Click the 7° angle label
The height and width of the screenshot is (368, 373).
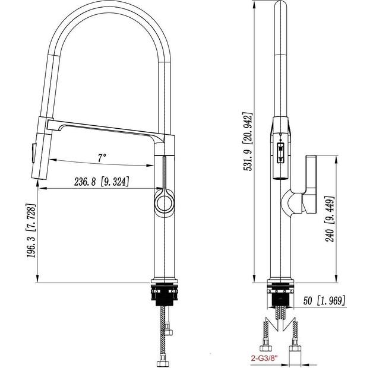pos(102,157)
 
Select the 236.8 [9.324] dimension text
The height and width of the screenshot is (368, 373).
pos(101,181)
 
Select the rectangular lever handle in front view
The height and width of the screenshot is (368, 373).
pos(310,184)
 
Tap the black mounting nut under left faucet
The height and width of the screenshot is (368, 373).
pos(165,294)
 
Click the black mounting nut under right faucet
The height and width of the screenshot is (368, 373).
pos(280,295)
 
